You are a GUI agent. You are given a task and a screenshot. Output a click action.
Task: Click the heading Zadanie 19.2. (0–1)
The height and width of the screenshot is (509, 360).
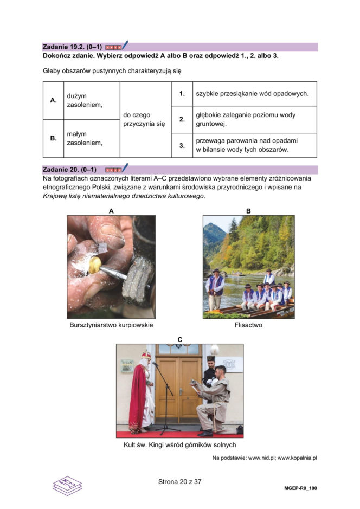click(x=72, y=47)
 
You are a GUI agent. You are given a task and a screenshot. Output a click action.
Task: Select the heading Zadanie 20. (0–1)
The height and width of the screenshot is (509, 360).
click(x=69, y=170)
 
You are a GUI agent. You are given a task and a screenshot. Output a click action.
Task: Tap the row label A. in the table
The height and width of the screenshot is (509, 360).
click(x=53, y=100)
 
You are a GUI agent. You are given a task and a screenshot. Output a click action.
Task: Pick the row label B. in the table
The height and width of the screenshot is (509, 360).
click(x=53, y=138)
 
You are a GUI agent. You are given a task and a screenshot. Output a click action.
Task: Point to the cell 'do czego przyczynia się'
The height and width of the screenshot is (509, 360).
click(x=144, y=119)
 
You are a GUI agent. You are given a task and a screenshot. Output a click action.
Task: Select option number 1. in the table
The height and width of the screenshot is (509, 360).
click(x=182, y=94)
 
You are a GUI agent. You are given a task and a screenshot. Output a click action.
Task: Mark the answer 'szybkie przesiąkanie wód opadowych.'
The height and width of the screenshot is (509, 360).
click(x=252, y=94)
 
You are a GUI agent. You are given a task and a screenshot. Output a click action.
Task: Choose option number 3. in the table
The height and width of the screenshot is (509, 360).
click(x=182, y=145)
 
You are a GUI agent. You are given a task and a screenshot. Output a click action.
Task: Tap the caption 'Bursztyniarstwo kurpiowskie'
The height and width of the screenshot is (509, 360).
click(x=111, y=325)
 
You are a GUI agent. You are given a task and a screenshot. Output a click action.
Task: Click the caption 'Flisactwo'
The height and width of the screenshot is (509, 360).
click(x=248, y=325)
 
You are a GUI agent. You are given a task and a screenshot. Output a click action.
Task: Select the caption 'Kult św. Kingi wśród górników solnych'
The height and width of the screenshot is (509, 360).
click(x=180, y=445)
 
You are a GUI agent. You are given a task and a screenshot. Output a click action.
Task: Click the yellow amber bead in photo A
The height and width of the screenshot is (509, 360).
click(x=95, y=265)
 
